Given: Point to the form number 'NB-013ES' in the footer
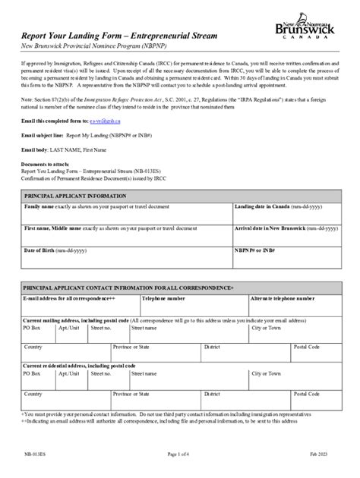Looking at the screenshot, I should click(x=34, y=453).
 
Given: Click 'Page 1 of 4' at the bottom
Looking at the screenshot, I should click(x=180, y=453).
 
